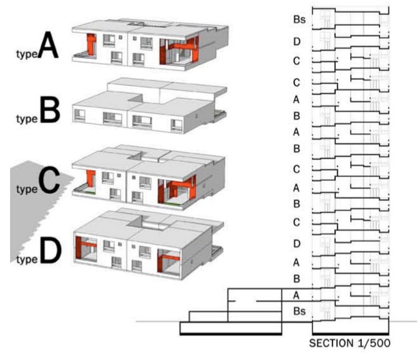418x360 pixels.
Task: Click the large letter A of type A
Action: pyautogui.click(x=48, y=45)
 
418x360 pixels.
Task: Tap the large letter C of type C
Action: pyautogui.click(x=49, y=180)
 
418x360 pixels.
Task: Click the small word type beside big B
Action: pyautogui.click(x=27, y=119)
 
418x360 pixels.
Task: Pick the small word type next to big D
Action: pyautogui.click(x=27, y=259)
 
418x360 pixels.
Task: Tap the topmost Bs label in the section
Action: pyautogui.click(x=299, y=20)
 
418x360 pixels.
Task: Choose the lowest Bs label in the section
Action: pyautogui.click(x=299, y=311)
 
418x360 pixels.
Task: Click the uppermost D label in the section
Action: pyautogui.click(x=297, y=42)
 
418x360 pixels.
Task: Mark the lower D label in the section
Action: pyautogui.click(x=297, y=244)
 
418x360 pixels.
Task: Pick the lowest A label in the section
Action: pyautogui.click(x=296, y=296)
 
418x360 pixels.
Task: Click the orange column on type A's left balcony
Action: pyautogui.click(x=92, y=44)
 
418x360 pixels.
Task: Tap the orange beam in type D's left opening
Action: pyautogui.click(x=88, y=244)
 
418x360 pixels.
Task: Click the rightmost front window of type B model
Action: pyautogui.click(x=176, y=125)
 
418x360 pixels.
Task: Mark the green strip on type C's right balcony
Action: pyautogui.click(x=172, y=204)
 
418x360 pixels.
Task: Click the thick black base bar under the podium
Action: pyautogui.click(x=231, y=333)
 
